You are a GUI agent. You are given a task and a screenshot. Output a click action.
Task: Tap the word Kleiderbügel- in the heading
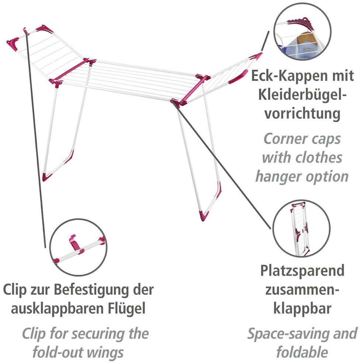point(302,95)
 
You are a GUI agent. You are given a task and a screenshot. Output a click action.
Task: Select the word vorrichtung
point(302,114)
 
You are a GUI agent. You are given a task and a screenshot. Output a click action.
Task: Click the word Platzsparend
point(302,271)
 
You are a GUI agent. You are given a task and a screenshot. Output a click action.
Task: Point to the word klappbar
point(302,309)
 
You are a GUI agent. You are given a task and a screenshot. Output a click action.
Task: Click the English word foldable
point(302,352)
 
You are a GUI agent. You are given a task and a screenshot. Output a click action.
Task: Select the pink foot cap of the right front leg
point(204,215)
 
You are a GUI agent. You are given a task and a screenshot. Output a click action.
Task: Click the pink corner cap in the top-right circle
point(301,23)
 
